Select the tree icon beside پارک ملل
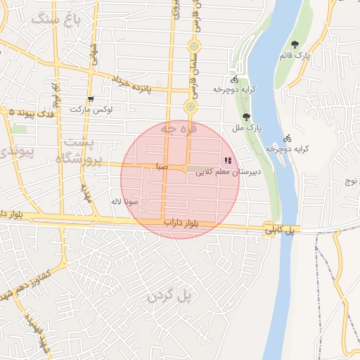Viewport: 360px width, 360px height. click(x=245, y=117)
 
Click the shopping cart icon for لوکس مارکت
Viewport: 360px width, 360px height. click(x=90, y=99)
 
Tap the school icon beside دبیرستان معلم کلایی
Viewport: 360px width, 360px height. click(x=226, y=160)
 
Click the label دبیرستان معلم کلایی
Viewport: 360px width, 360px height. click(x=228, y=171)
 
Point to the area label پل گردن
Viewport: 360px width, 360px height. click(x=169, y=296)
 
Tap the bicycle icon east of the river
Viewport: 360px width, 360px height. click(x=287, y=138)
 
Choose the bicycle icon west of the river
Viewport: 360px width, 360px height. click(x=234, y=79)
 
